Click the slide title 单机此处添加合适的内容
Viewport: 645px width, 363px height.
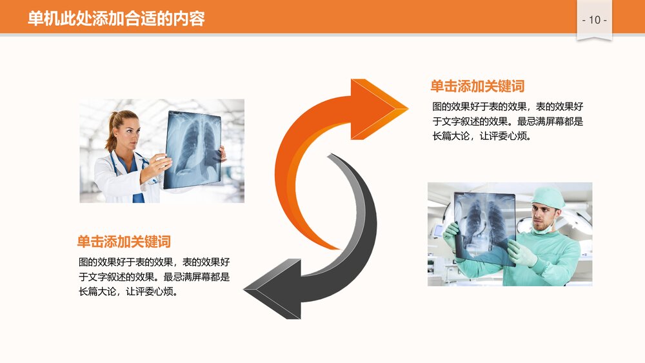(116, 19)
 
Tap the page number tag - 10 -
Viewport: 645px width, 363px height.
(594, 21)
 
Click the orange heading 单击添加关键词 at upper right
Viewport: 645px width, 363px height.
(477, 86)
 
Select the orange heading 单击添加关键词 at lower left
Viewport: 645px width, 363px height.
(124, 242)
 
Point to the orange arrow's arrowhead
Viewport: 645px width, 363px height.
(377, 108)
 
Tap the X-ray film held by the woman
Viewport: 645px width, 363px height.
(192, 150)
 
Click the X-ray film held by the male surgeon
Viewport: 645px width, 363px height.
(484, 227)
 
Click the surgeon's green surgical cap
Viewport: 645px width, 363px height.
(548, 197)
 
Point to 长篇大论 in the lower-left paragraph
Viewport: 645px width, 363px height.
(98, 291)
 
